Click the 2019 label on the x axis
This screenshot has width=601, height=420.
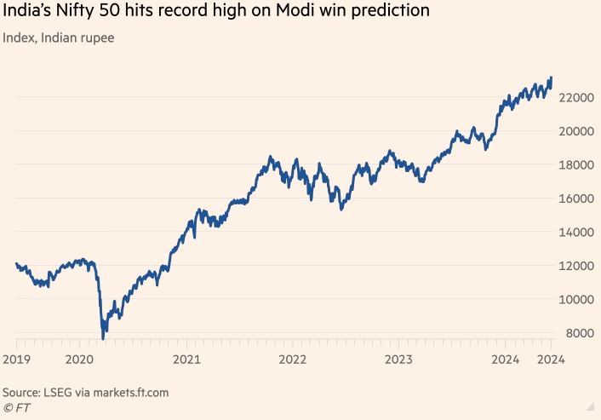pos(17,360)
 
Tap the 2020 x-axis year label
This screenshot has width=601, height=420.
pos(79,360)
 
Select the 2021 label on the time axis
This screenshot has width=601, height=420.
pos(186,360)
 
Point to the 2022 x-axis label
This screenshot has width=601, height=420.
pos(292,360)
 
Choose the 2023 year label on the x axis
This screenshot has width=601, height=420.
pos(398,360)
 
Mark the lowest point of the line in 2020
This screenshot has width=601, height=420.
pos(103,339)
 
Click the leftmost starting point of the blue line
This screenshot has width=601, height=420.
pos(16,264)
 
